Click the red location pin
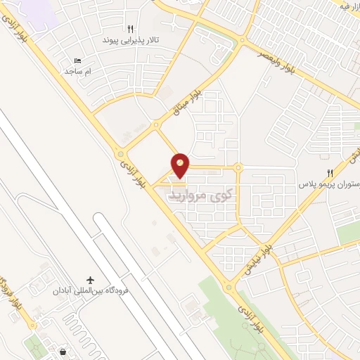point(181,165)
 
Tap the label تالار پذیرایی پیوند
point(130,40)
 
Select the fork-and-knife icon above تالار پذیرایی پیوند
point(130,29)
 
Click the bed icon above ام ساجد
point(77,61)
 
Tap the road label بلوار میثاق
point(188,101)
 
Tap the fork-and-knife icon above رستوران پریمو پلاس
point(329,174)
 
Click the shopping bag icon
point(64,351)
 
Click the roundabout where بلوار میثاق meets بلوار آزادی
point(121,154)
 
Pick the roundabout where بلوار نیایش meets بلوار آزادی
point(229,287)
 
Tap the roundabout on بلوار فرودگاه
point(32,326)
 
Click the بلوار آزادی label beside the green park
point(251,320)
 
